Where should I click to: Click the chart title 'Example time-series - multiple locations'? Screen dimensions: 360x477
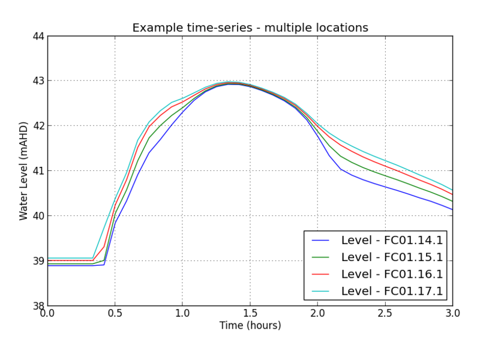tap(250, 28)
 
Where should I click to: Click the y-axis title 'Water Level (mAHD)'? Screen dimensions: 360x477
tap(24, 171)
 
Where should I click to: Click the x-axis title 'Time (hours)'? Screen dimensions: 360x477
tap(250, 326)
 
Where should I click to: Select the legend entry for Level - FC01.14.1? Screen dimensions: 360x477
tap(392, 241)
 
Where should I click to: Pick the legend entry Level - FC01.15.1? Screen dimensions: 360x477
tap(392, 257)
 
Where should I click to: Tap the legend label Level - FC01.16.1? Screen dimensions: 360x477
tap(392, 274)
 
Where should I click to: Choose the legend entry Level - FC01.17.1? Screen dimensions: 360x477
tap(392, 291)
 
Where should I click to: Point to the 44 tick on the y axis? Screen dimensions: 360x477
tap(38, 36)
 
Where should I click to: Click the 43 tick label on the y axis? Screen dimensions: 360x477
tap(38, 81)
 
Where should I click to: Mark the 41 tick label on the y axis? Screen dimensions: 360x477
tap(38, 171)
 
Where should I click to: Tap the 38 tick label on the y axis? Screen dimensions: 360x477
tap(38, 306)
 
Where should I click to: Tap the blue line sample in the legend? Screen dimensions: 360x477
tap(321, 241)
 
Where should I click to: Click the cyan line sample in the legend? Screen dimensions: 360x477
tap(321, 291)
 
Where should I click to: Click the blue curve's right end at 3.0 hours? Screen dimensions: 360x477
tap(452, 209)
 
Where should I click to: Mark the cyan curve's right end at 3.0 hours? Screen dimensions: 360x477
tap(452, 190)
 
